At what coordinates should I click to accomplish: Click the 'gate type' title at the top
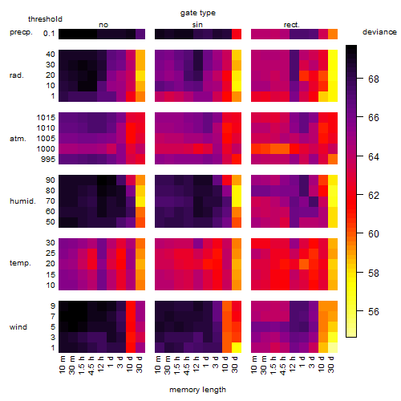pos(198,13)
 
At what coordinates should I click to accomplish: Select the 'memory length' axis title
pos(197,390)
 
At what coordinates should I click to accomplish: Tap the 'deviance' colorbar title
pos(379,32)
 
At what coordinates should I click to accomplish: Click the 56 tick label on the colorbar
pos(374,311)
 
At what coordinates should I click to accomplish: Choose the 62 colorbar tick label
pos(374,196)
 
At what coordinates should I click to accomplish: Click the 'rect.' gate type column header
pos(291,25)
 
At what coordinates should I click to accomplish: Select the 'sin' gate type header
pos(197,25)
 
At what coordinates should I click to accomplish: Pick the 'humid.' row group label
pos(22,201)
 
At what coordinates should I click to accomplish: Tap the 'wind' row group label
pos(18,327)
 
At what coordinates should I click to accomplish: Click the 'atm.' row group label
pos(18,139)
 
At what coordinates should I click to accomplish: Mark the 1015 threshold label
pos(46,118)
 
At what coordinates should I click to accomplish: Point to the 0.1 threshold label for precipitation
pos(49,34)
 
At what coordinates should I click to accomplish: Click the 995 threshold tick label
pos(48,160)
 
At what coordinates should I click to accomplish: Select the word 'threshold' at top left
pos(45,19)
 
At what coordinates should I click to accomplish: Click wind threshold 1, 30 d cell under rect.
pos(333,347)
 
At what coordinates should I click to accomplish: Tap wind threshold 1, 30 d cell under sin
pos(237,347)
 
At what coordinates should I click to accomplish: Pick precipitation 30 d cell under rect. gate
pos(333,34)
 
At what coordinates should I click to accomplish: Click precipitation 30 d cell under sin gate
pos(237,34)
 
